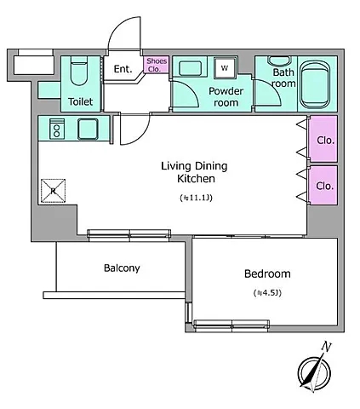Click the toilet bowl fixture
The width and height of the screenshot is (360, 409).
coord(79,71)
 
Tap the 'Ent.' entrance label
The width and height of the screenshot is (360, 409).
coord(123,69)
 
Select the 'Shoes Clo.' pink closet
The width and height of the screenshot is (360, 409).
coord(157,65)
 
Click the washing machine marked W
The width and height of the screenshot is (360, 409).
coord(226,68)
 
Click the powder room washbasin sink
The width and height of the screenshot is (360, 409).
coord(191,68)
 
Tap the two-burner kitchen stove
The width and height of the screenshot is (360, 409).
coord(57,129)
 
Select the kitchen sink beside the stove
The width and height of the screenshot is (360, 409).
coord(88,129)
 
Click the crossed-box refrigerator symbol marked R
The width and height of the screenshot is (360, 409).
coord(53,191)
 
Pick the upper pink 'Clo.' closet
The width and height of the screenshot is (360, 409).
coord(323,139)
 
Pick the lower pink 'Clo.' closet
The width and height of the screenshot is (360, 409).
coord(323,185)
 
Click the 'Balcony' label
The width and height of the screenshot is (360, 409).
coord(122,268)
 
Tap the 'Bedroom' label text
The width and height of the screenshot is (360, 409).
coord(267,274)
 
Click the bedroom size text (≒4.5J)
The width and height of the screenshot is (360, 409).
coord(267,293)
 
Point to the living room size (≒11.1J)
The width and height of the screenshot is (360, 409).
coord(196,198)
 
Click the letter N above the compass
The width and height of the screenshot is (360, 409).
coord(326,347)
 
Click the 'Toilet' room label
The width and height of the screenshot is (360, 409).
coord(81,101)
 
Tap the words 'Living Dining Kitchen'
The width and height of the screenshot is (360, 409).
coord(195,172)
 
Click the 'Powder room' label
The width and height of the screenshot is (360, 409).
coord(226,96)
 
